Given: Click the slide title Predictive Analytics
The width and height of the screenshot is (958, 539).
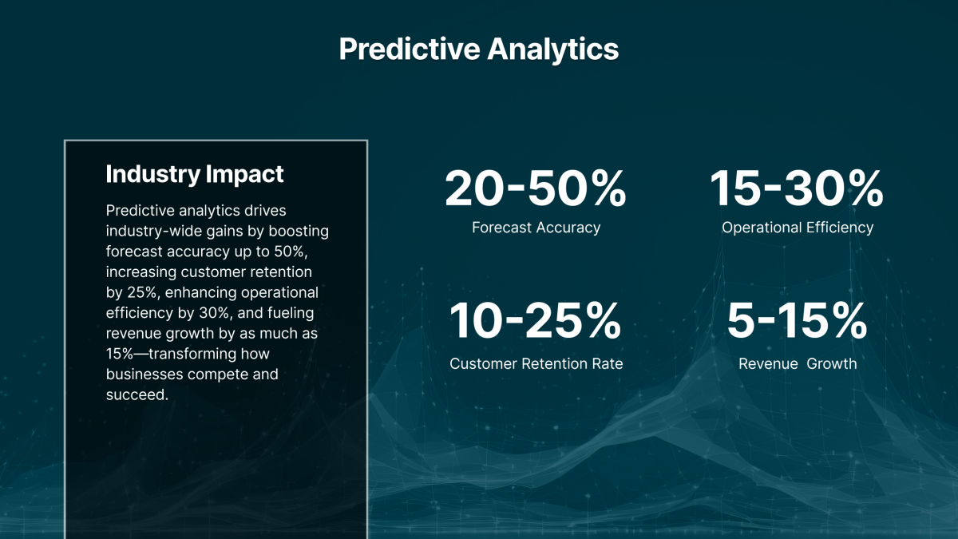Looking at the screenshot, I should pos(478,50).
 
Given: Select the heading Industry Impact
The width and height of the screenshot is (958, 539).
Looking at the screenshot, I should pos(194,174).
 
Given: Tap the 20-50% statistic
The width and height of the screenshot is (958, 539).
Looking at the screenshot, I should pos(536,189).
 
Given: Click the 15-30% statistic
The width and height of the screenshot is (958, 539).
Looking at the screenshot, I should pos(797,189).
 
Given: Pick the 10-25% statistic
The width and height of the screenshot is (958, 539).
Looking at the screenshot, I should pos(536,321).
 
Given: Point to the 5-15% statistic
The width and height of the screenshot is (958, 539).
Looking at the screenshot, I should pos(797,321).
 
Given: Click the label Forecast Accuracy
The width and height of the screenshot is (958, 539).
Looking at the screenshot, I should pos(536,228).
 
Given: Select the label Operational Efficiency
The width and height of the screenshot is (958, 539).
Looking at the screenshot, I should pos(797,228).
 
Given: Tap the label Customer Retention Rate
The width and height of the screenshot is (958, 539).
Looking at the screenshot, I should pos(536,364).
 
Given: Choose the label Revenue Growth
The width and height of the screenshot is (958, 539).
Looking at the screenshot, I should pos(797,364).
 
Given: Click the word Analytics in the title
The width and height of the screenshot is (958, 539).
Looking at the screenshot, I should pos(553,50).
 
